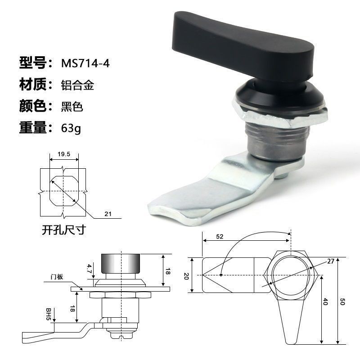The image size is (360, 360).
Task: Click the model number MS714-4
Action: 85,63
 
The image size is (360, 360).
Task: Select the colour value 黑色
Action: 72,107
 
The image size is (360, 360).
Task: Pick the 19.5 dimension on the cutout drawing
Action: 64,154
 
